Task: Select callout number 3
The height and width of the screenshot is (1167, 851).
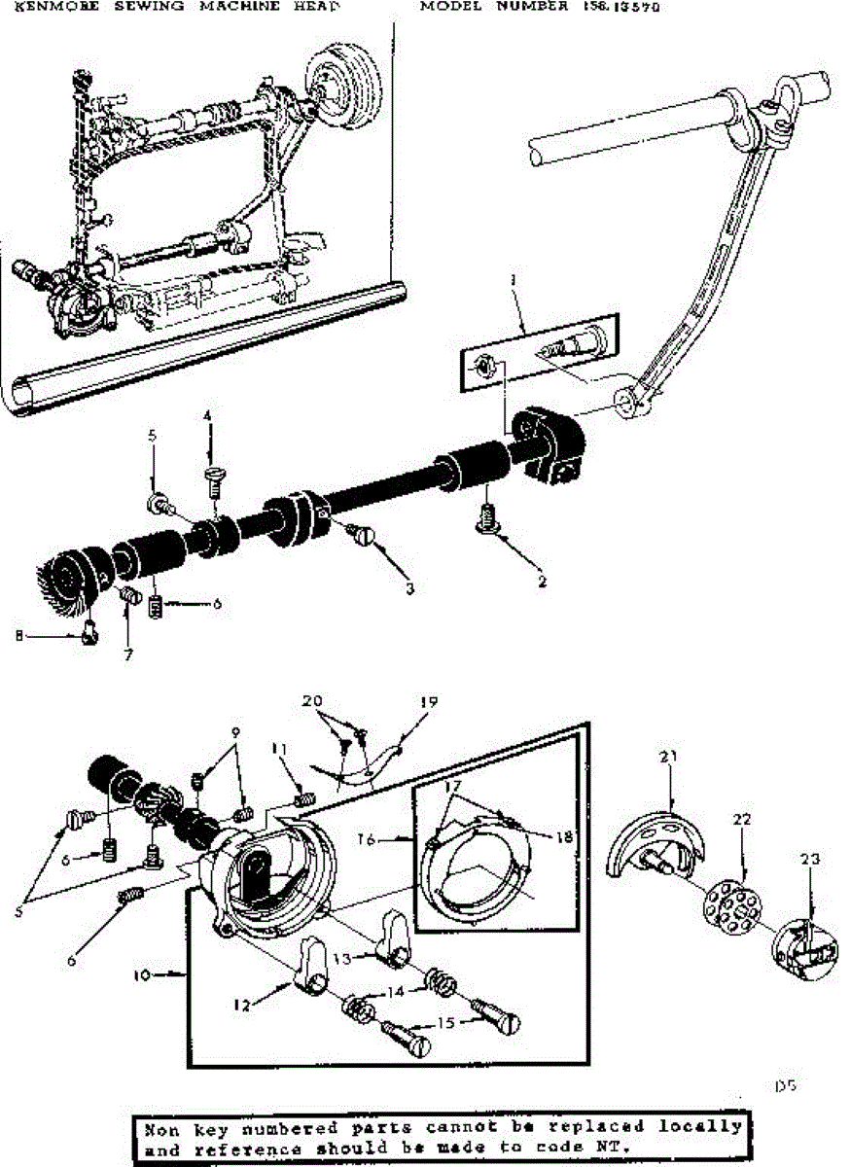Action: (410, 588)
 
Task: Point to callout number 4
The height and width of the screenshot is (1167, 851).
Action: (207, 417)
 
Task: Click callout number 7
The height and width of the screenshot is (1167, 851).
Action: (127, 653)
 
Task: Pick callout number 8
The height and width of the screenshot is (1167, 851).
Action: (19, 637)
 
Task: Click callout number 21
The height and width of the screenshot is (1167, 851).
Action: (668, 758)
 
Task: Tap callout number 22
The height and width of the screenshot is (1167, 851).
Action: (742, 820)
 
